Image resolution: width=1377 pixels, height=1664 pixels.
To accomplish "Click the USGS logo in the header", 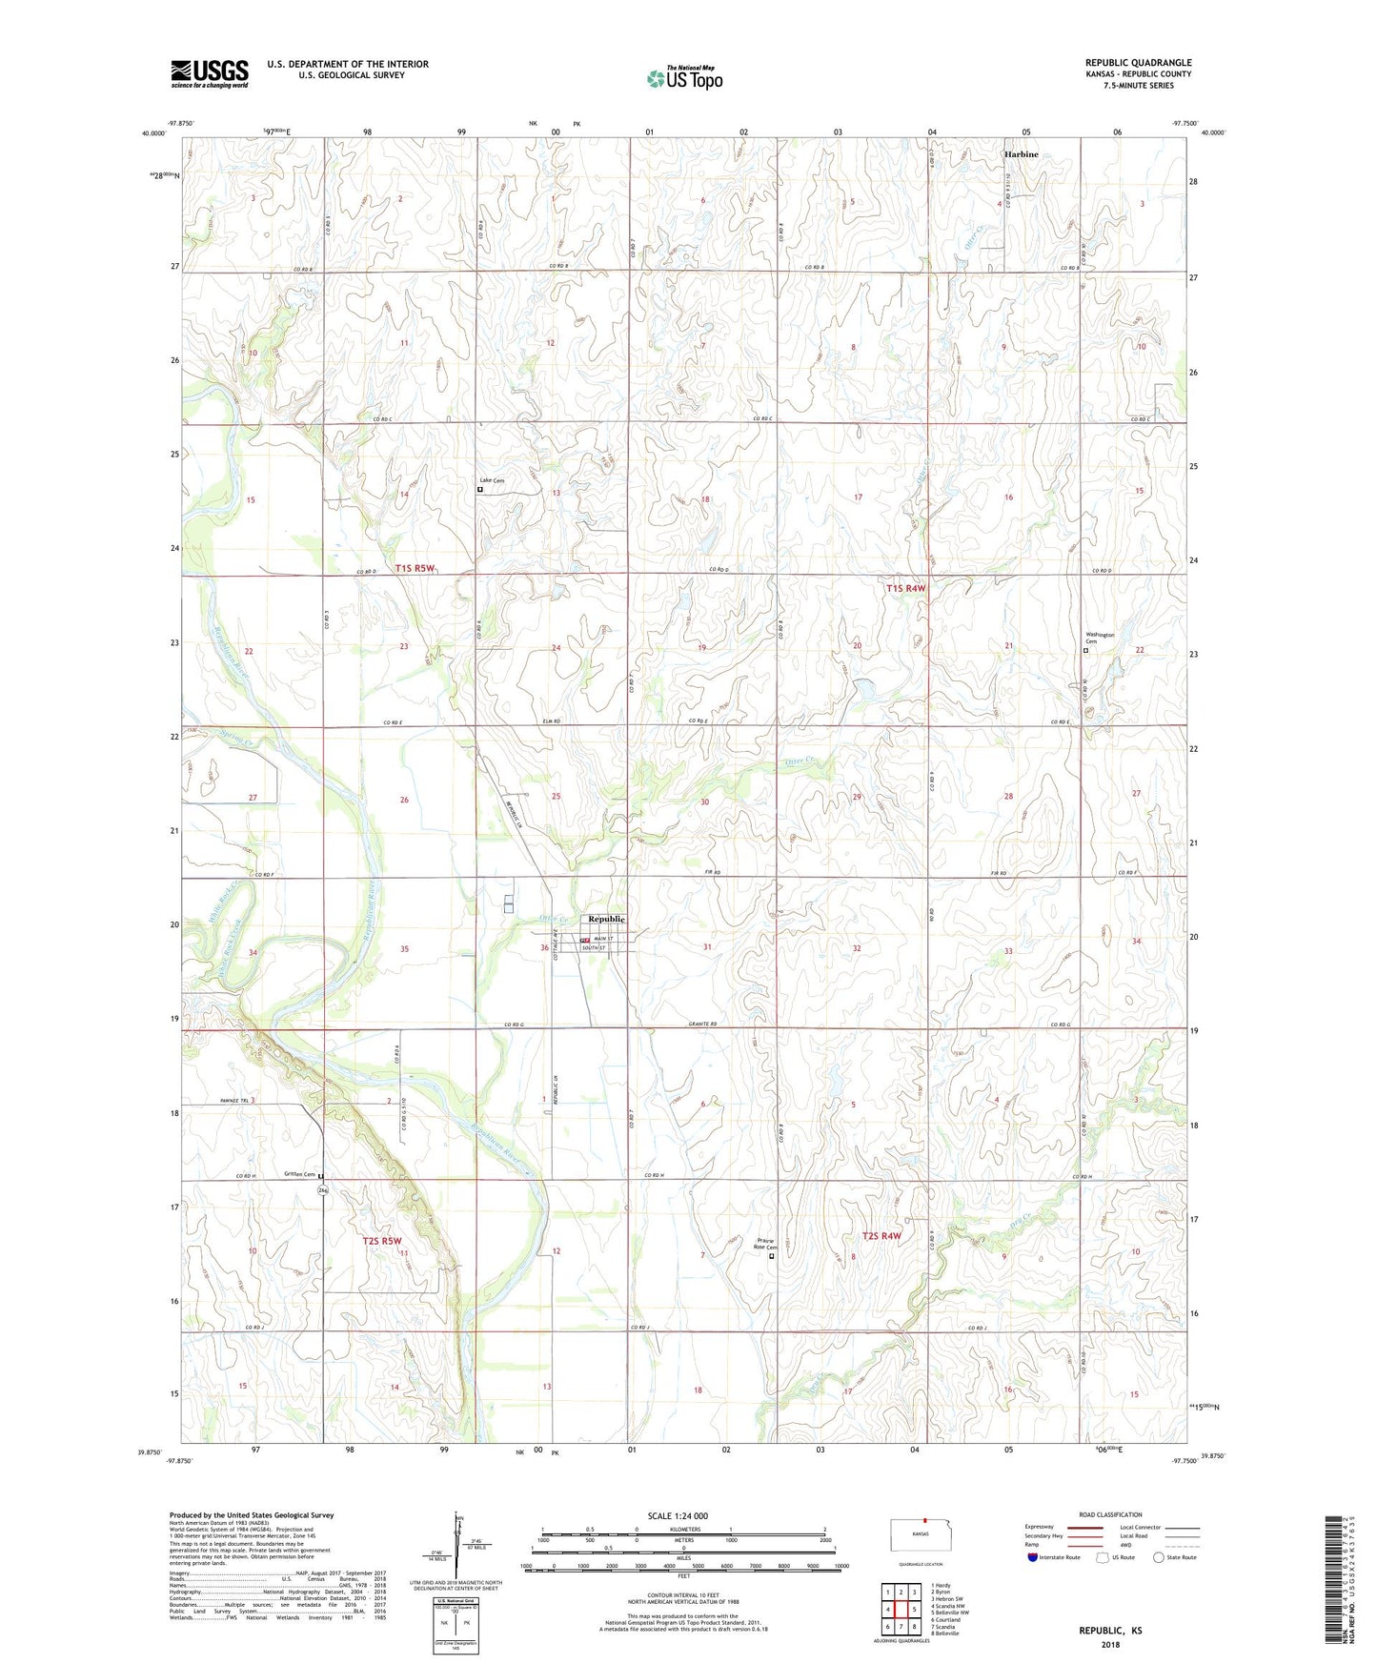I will pos(209,73).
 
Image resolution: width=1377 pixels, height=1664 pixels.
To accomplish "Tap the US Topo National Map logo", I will pos(684,77).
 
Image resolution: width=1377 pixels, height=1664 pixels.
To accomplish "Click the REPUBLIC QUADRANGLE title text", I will pos(1138,63).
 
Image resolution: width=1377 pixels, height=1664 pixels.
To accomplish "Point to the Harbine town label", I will pos(1021,154).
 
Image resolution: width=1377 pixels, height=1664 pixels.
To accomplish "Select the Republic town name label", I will pos(607,919).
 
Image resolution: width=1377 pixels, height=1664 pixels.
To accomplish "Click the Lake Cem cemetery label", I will pos(493,481).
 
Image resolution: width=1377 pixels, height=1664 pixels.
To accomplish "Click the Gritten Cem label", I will pos(299,1175).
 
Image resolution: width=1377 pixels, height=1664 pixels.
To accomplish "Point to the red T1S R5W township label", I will pos(415,569).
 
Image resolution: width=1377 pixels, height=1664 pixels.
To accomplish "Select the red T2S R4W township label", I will pos(881,1236).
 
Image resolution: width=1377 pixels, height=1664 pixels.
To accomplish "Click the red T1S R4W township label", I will pos(905,589).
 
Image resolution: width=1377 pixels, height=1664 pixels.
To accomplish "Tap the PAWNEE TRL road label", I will pos(232,1101).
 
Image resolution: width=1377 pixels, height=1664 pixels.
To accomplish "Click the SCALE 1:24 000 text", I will pos(677,1516).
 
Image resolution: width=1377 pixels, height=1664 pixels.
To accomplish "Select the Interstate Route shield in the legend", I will pos(1034,1557).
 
